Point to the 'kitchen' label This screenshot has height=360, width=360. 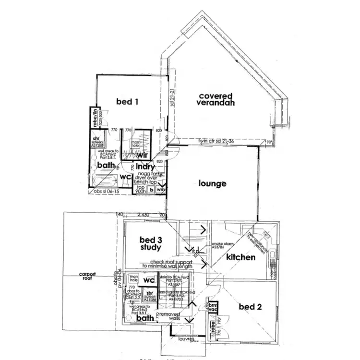pyautogui.click(x=240, y=257)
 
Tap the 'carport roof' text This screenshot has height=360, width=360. pyautogui.click(x=88, y=276)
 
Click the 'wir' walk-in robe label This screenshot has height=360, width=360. pyautogui.click(x=142, y=155)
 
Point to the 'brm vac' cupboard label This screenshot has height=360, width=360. pyautogui.click(x=213, y=307)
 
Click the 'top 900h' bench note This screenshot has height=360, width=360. pyautogui.click(x=141, y=190)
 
